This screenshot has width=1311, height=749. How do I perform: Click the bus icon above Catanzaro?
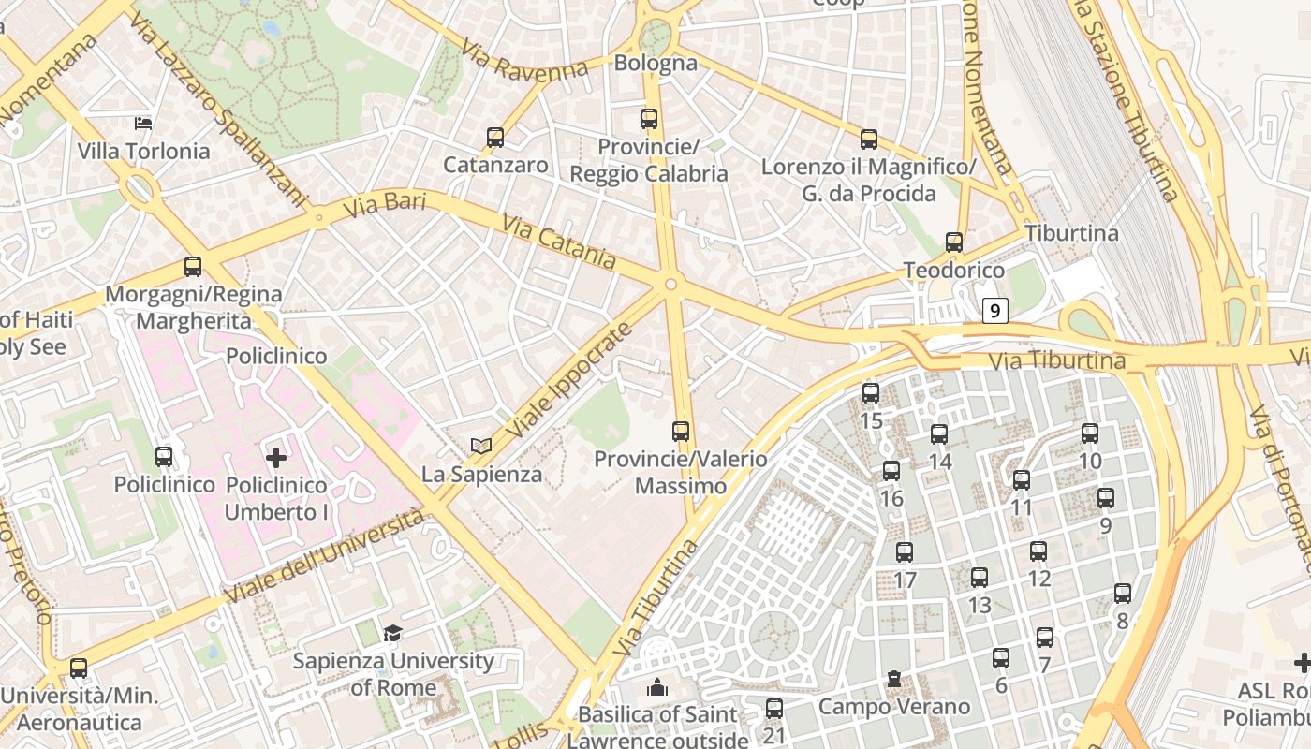click(495, 138)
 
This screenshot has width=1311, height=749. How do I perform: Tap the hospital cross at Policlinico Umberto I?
click(276, 458)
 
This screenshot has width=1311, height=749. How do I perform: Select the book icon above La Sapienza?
click(481, 447)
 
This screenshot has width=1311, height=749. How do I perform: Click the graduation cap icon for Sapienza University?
click(392, 634)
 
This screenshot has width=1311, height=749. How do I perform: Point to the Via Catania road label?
click(558, 242)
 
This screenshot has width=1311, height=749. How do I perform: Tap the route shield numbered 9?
click(994, 310)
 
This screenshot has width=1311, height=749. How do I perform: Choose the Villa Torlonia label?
click(143, 151)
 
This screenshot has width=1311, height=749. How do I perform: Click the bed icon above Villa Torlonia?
click(143, 123)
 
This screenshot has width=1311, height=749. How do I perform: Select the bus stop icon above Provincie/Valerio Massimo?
click(681, 432)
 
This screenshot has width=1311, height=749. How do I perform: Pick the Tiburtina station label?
click(1071, 233)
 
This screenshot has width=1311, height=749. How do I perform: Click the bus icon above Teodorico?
click(954, 242)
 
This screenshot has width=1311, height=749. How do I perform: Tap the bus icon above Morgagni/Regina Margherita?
click(193, 267)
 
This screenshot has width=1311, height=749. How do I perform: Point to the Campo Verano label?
click(894, 705)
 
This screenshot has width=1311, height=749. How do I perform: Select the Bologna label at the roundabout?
click(655, 63)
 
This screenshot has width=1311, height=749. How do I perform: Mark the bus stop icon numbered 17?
click(905, 552)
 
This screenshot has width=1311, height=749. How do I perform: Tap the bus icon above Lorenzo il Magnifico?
click(869, 140)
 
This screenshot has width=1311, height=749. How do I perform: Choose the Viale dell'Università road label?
click(324, 557)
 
